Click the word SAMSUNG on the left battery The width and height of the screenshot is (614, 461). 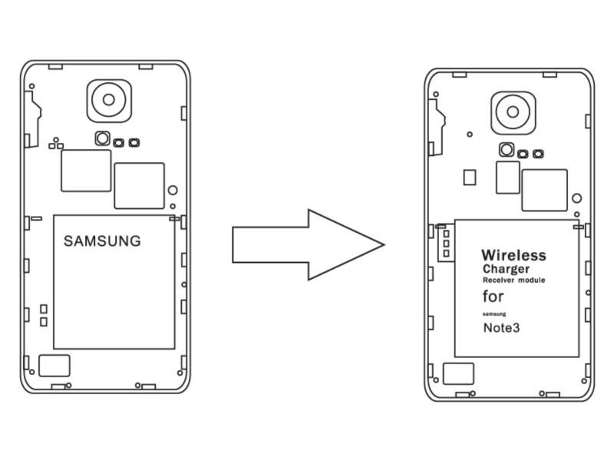(102, 241)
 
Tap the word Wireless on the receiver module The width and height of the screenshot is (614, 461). (513, 255)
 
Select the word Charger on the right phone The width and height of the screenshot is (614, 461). (506, 270)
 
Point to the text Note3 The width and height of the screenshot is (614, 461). (500, 328)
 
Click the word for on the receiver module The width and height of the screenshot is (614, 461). (494, 297)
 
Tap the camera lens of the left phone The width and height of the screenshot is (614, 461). (108, 99)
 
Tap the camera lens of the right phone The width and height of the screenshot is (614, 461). (513, 111)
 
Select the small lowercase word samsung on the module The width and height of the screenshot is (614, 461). (495, 313)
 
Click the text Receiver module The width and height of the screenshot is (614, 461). (513, 281)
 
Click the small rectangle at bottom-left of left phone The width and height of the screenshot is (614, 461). (54, 365)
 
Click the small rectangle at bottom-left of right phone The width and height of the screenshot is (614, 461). (458, 374)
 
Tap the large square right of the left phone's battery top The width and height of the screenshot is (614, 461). (139, 185)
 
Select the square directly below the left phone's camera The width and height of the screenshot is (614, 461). (86, 171)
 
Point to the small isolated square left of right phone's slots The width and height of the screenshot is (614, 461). (470, 177)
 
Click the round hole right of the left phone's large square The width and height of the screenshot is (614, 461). (173, 191)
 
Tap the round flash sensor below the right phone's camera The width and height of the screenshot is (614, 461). (506, 149)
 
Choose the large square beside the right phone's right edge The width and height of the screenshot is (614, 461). (544, 190)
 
